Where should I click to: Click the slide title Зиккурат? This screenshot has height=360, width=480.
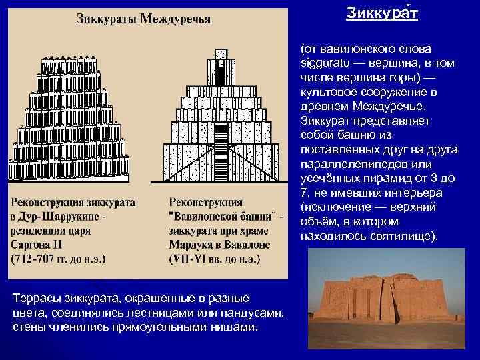coord(382,13)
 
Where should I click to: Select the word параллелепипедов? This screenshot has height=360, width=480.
coord(347,164)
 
